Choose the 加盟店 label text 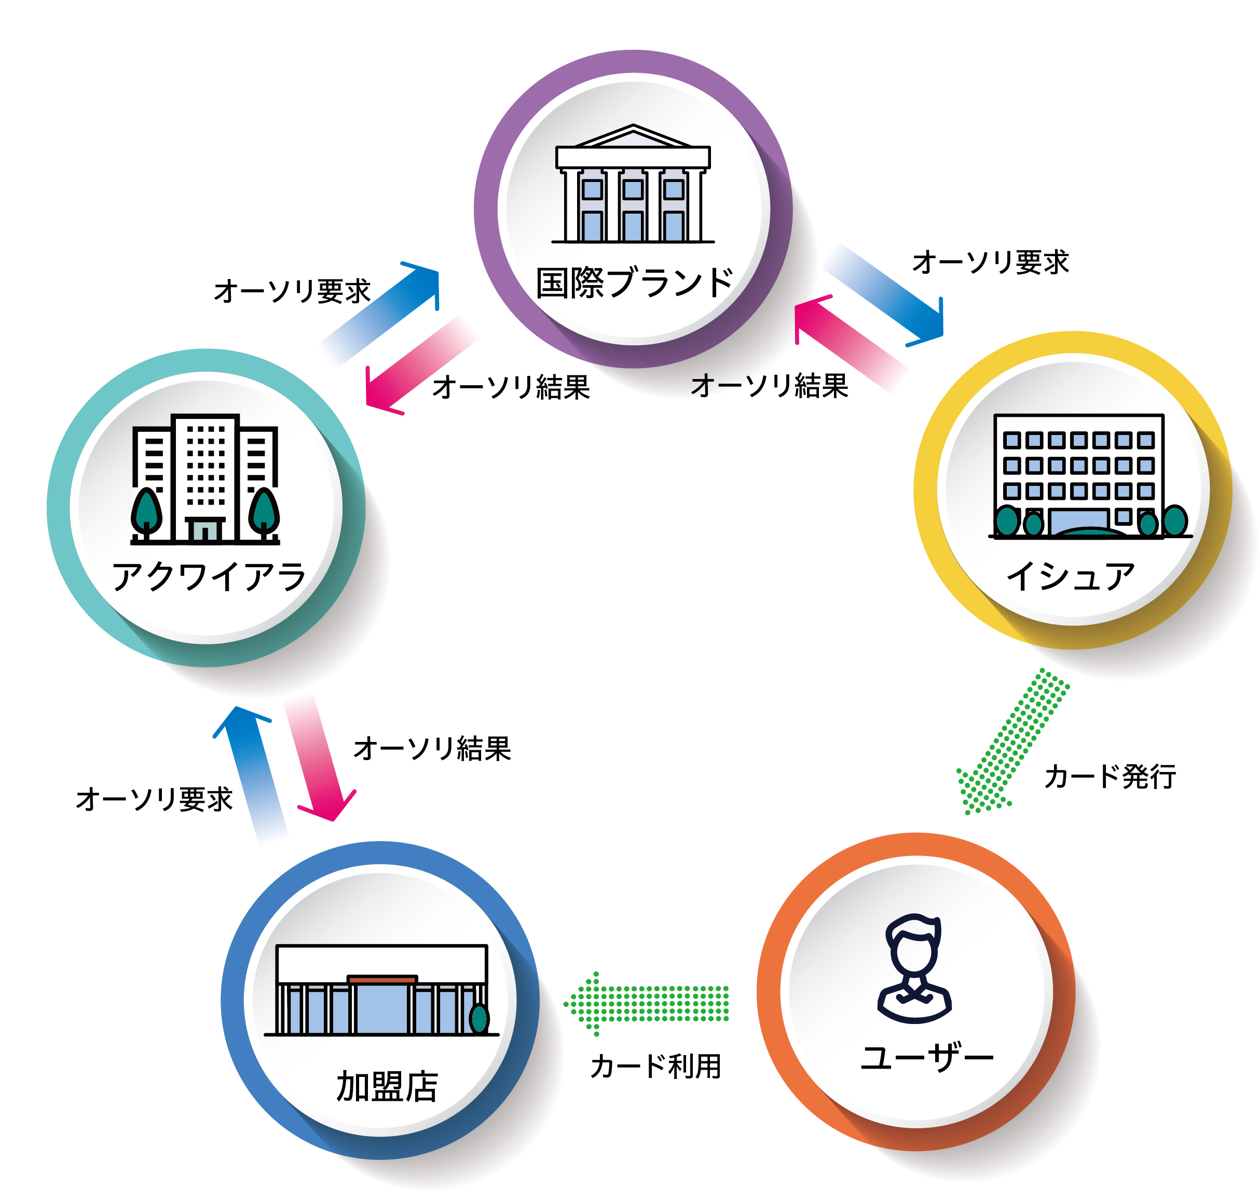[387, 1087]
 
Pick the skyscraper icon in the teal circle [205, 480]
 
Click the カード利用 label [655, 1066]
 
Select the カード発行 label [1110, 777]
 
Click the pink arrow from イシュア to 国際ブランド [849, 343]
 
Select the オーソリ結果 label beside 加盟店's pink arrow [432, 749]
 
